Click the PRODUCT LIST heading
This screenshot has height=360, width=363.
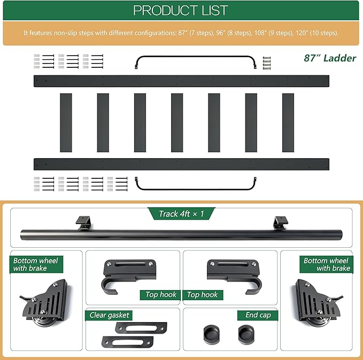(x=180, y=10)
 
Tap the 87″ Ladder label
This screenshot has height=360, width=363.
(x=330, y=58)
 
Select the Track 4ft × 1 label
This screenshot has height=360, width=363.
(x=181, y=214)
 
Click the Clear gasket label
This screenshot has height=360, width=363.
(x=109, y=315)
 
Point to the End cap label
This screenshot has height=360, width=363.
(x=258, y=315)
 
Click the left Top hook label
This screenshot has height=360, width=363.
(x=161, y=294)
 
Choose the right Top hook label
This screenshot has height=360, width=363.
(x=202, y=294)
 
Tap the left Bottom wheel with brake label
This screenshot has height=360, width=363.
(x=35, y=264)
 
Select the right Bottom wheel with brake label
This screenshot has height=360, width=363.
(x=327, y=264)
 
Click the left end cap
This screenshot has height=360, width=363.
(x=211, y=334)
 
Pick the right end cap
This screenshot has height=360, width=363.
(x=246, y=334)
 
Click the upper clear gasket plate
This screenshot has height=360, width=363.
(x=141, y=328)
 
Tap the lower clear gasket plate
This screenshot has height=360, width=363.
(x=127, y=342)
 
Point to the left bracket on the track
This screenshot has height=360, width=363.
(x=83, y=223)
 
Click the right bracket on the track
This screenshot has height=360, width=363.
(x=280, y=223)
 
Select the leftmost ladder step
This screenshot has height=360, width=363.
(x=66, y=123)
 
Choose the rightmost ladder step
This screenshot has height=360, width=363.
(x=288, y=123)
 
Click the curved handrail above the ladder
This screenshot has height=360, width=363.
(x=196, y=56)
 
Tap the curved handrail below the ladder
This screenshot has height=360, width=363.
(x=196, y=189)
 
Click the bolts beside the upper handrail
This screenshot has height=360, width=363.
(x=267, y=63)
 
